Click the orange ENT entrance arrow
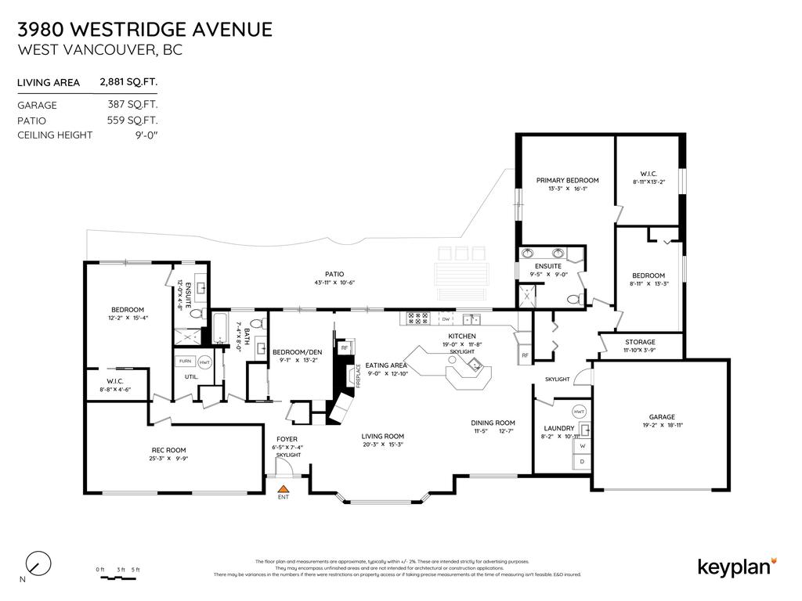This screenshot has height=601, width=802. coord(283,488)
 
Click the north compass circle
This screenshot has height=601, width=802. coord(38,563)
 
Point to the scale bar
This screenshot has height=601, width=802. coord(117,578)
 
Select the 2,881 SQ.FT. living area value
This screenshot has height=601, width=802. coord(128,81)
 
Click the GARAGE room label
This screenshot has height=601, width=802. coord(661,417)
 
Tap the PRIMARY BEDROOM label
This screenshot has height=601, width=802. coord(567,180)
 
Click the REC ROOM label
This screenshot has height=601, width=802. coord(168,449)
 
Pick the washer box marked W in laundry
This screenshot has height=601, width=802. coord(582,447)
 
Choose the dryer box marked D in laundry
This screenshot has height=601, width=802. coord(582,462)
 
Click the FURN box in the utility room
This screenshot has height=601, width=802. coord(185,361)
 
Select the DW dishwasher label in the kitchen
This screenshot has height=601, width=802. coord(445,318)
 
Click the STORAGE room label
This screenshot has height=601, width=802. coord(640,342)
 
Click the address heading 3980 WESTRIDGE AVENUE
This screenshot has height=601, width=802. coord(145,30)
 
